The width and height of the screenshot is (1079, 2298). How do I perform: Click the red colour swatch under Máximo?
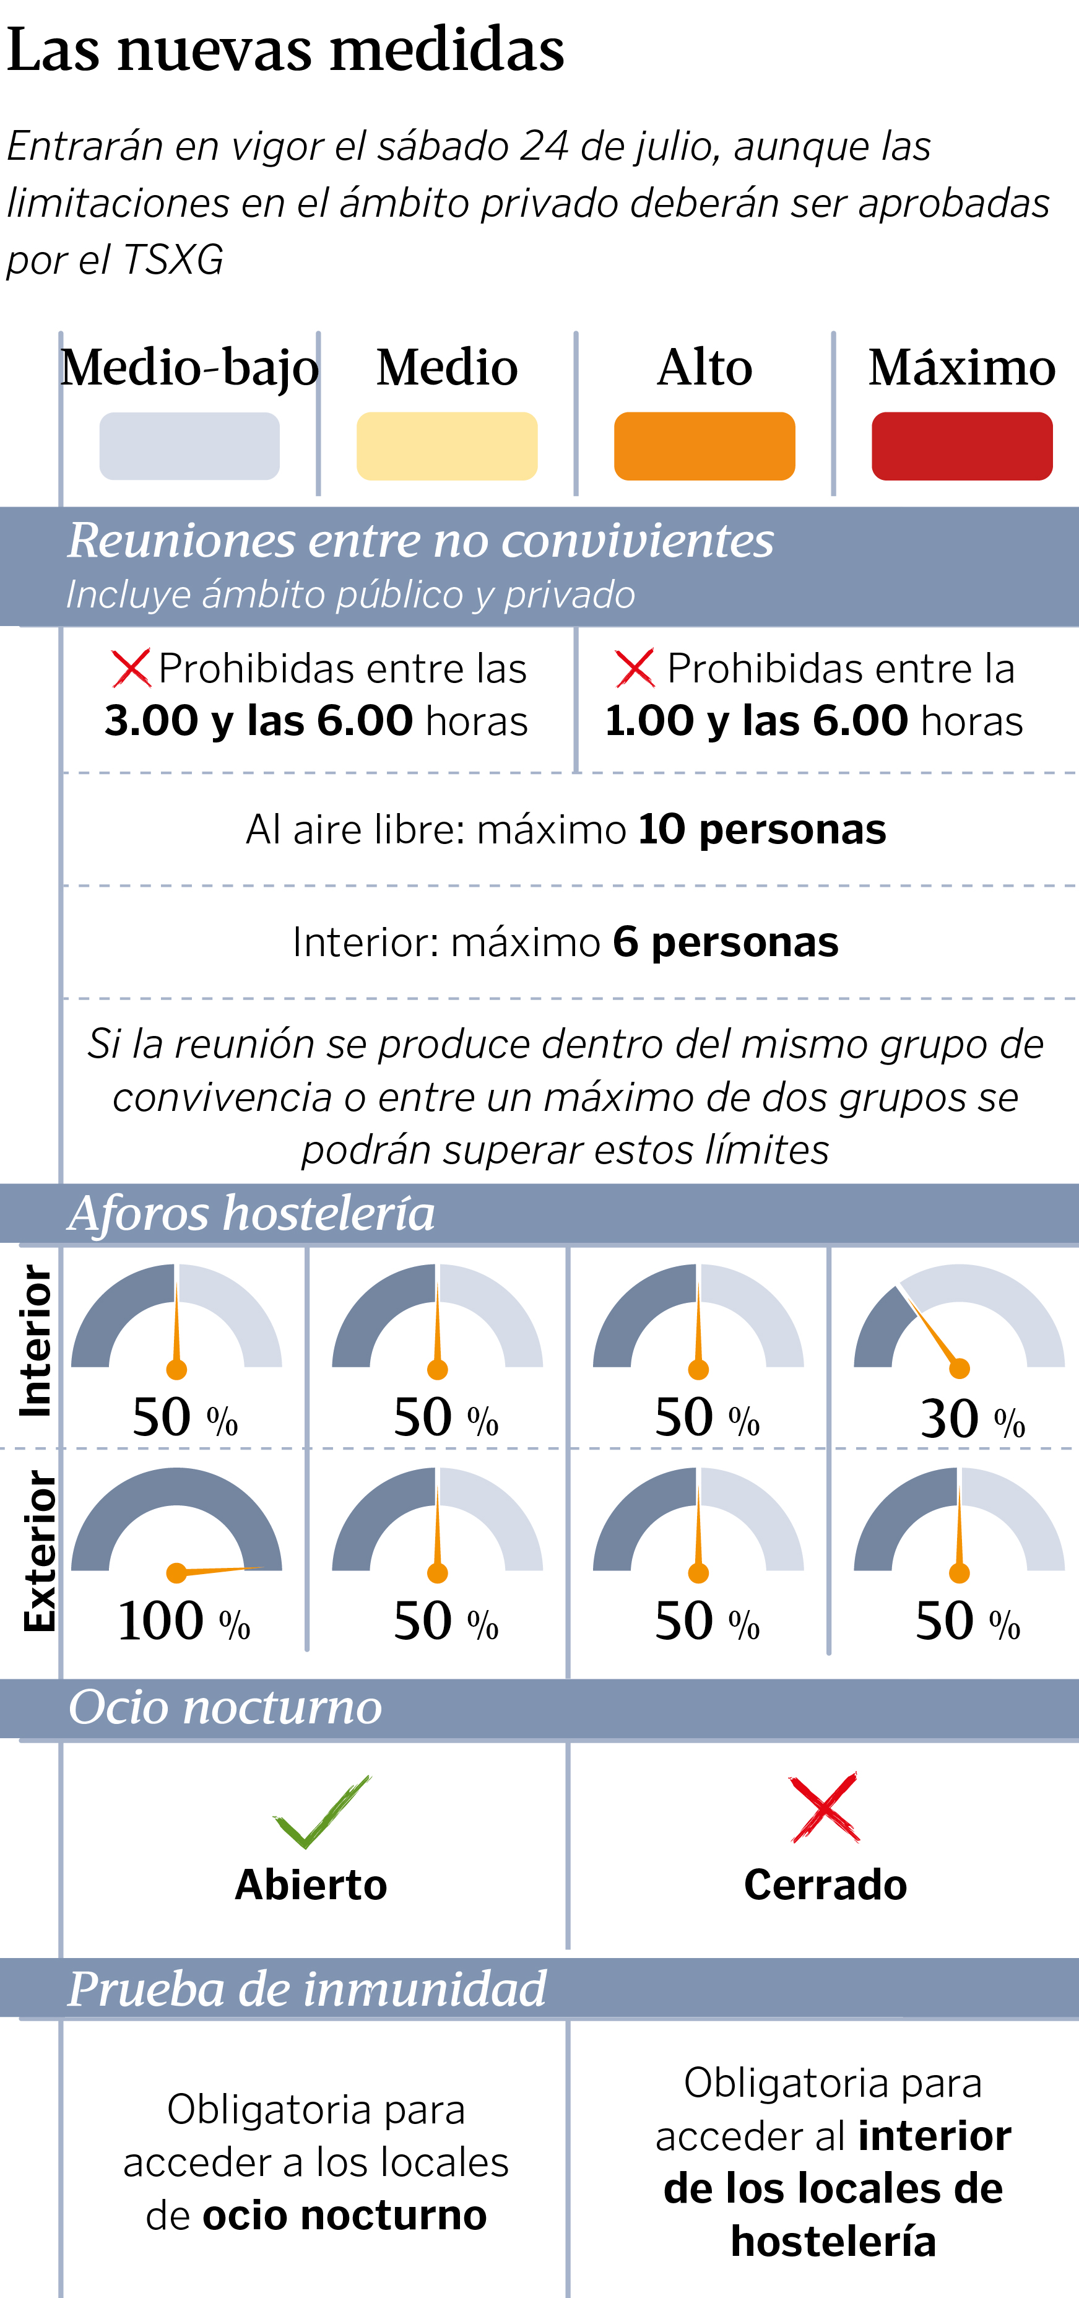click(961, 446)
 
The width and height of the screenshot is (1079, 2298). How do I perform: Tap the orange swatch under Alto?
click(704, 446)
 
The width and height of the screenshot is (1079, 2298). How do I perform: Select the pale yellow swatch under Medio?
click(447, 446)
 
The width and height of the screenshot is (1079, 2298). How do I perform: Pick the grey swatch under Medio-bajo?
click(189, 446)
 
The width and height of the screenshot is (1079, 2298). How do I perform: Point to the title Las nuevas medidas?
click(285, 50)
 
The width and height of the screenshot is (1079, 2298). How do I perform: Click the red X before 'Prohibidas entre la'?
click(635, 668)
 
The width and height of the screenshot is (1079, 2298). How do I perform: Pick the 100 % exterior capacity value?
click(183, 1621)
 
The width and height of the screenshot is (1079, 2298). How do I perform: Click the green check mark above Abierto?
click(321, 1811)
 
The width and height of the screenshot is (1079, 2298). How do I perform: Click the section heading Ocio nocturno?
click(225, 1707)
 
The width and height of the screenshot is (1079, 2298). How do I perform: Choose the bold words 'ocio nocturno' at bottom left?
click(344, 2215)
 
